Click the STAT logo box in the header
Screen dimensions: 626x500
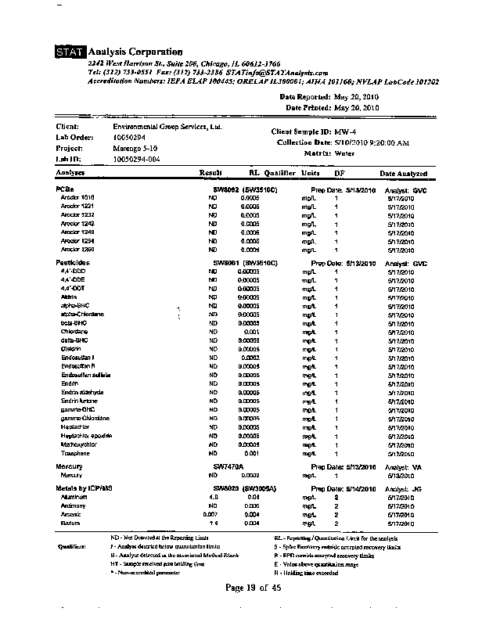[x=70, y=52]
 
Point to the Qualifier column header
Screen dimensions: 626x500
[x=279, y=174]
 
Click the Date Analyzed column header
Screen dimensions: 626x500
[x=404, y=174]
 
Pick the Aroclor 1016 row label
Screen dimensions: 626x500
[x=77, y=197]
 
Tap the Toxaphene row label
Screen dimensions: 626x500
[x=75, y=453]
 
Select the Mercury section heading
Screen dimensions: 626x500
[x=70, y=467]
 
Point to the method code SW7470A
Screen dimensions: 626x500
[x=228, y=467]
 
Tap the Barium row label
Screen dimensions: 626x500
[x=71, y=523]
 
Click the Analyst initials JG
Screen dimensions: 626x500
[x=418, y=488]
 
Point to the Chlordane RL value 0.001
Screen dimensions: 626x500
[x=251, y=331]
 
